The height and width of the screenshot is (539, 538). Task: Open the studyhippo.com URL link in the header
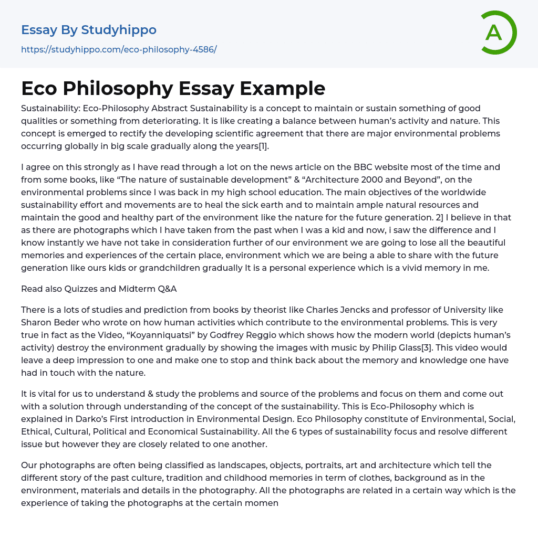tap(119, 49)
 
